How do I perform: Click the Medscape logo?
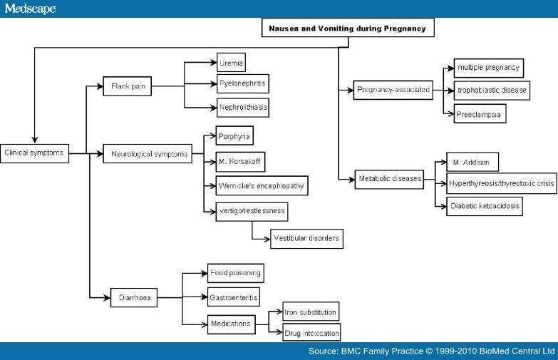coord(29,9)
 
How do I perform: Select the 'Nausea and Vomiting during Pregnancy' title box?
coord(346,29)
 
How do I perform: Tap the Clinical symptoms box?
coord(35,153)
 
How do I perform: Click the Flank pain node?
coord(127,86)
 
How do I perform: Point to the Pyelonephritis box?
coord(243,84)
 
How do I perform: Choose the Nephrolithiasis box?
coord(243,108)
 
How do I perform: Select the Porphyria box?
coord(234,136)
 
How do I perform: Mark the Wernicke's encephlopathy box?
coord(262,185)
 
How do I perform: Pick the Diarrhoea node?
coord(133,297)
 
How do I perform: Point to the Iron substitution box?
coord(311,312)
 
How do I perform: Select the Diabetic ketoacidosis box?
coord(485,207)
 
